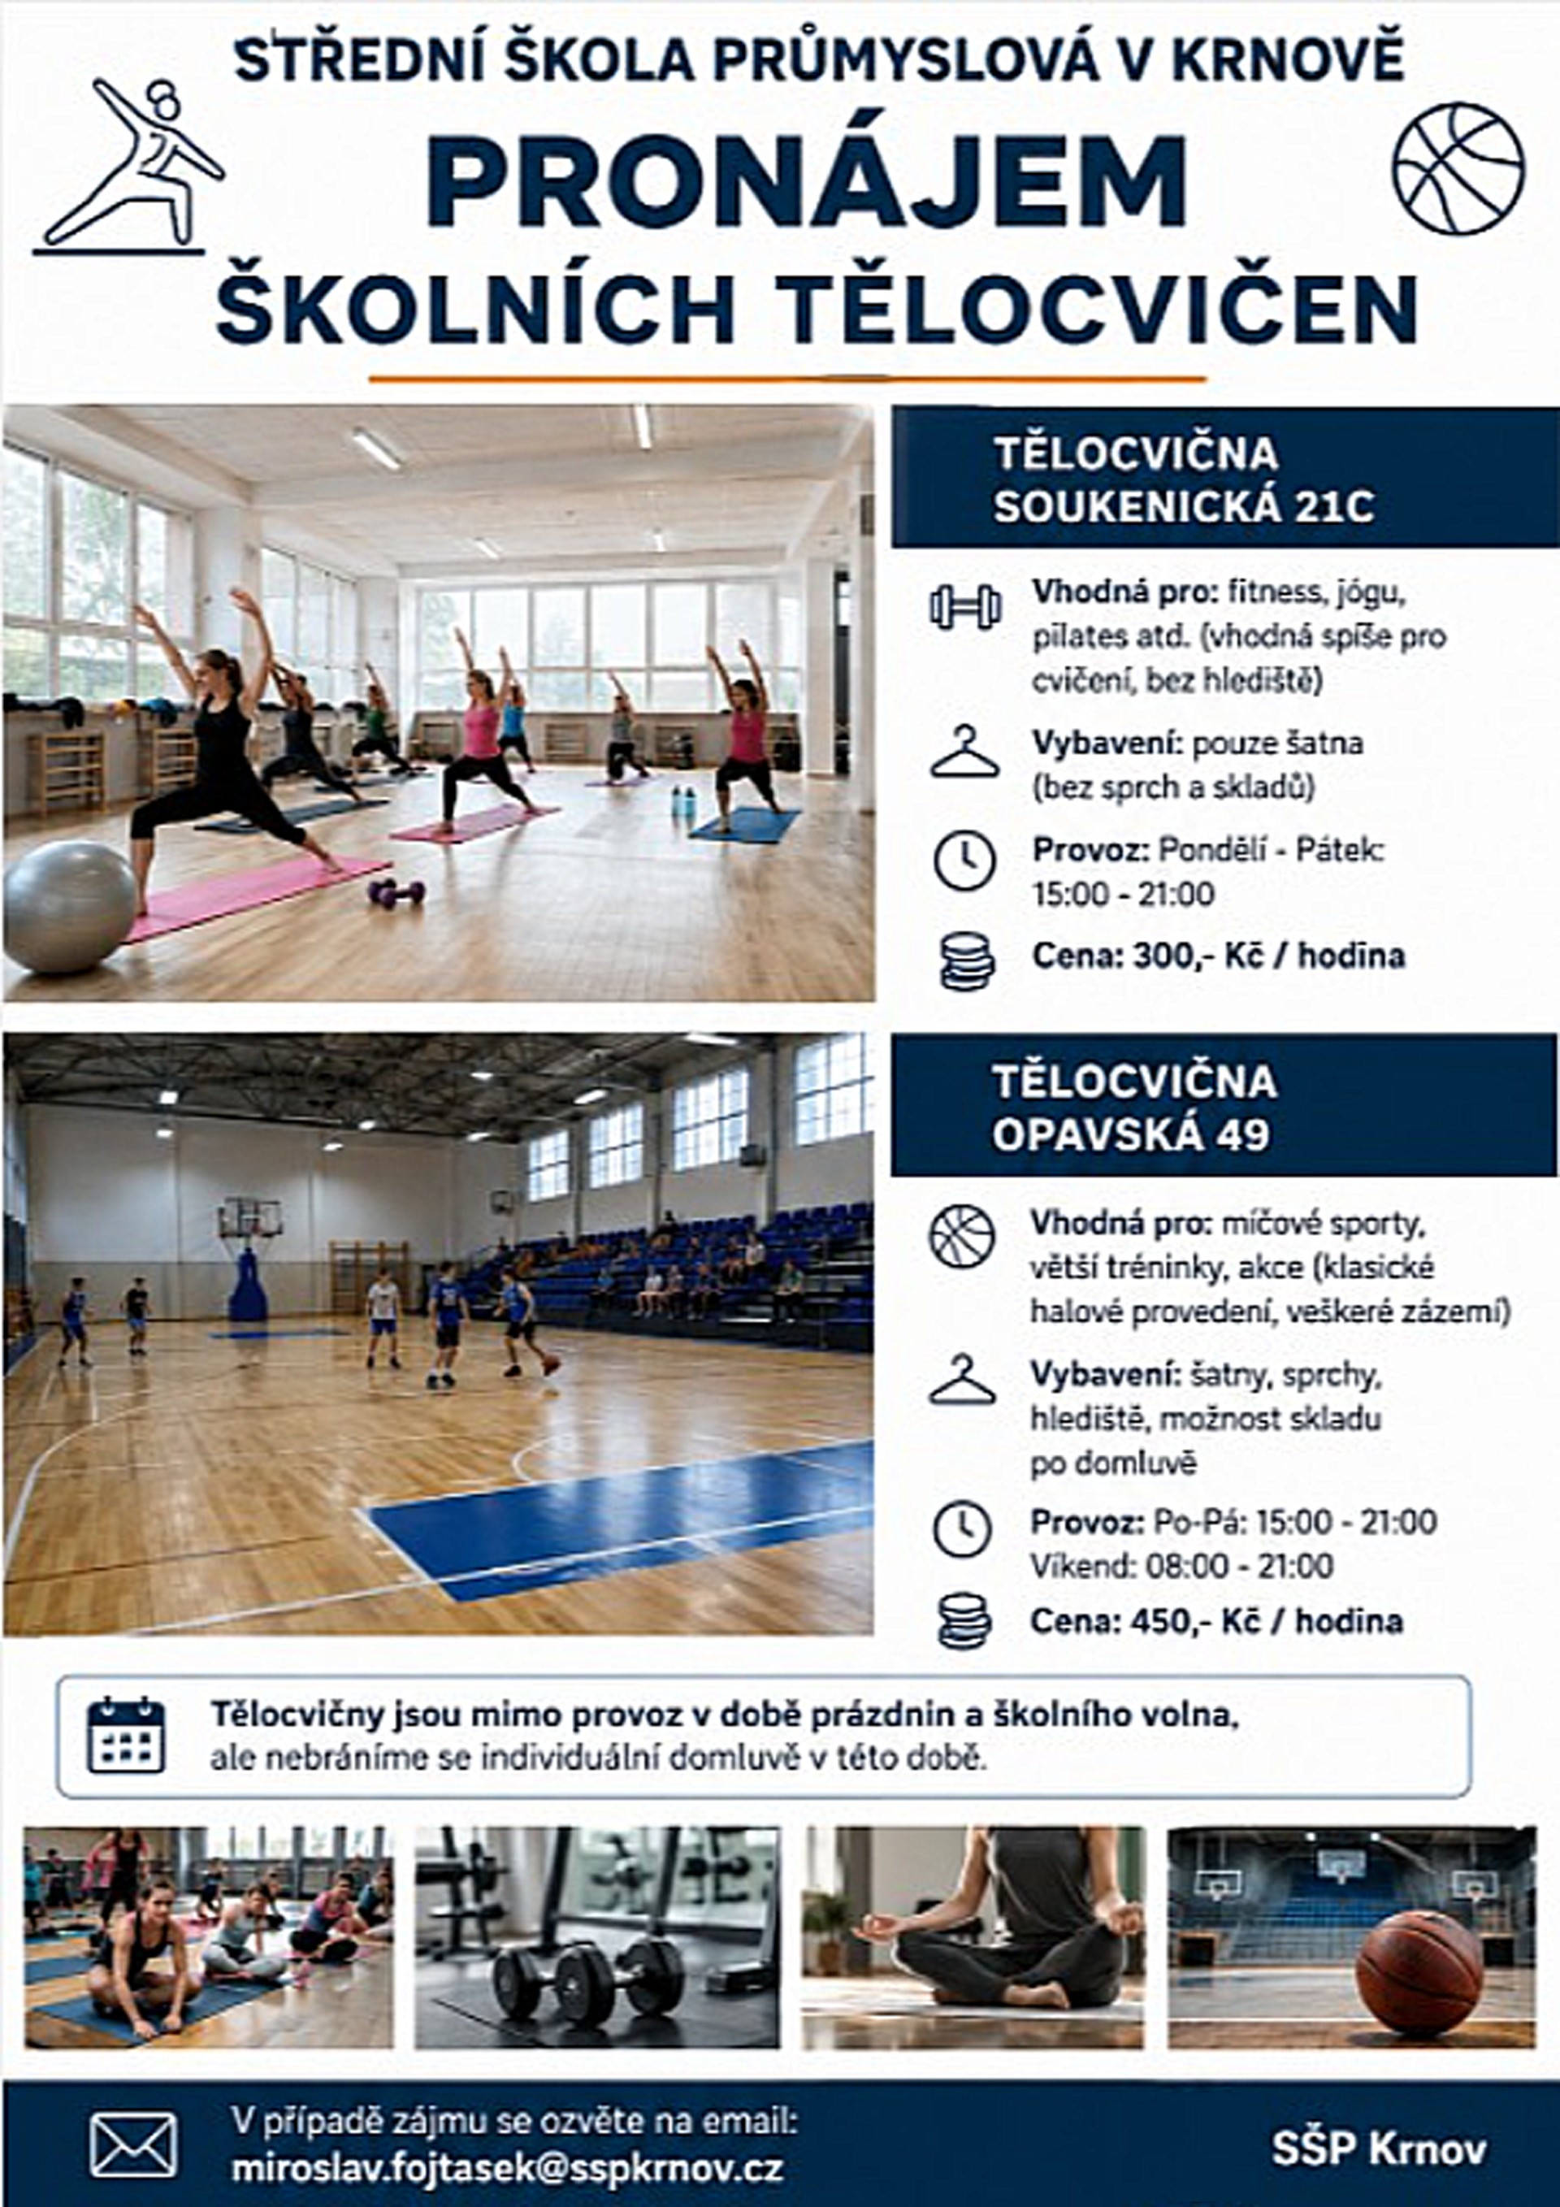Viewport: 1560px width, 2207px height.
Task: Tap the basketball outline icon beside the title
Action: click(1458, 169)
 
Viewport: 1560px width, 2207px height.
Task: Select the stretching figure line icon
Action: click(129, 167)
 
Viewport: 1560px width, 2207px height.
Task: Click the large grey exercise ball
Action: click(70, 907)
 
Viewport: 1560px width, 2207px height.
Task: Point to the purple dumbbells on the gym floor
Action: click(396, 892)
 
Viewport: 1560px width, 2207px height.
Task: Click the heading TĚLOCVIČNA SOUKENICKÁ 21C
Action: click(1183, 479)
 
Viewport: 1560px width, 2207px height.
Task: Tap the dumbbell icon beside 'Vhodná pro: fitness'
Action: click(965, 608)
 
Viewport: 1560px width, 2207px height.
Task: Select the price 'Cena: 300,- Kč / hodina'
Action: click(1218, 956)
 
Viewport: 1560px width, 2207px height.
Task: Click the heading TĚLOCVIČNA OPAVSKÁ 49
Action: click(1134, 1108)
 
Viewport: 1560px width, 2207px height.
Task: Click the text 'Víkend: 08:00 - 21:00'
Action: click(1181, 1566)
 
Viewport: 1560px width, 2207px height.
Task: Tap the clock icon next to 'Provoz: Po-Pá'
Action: click(962, 1529)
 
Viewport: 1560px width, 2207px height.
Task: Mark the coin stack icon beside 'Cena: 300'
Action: click(967, 961)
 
